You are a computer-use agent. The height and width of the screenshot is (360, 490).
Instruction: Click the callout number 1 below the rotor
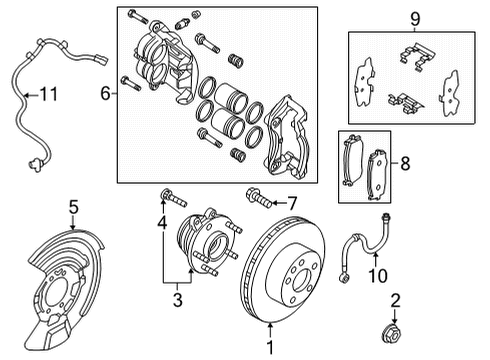click(267, 347)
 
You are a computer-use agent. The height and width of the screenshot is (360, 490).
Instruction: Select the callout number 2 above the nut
click(396, 299)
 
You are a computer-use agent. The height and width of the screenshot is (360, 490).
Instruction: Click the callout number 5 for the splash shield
click(73, 207)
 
